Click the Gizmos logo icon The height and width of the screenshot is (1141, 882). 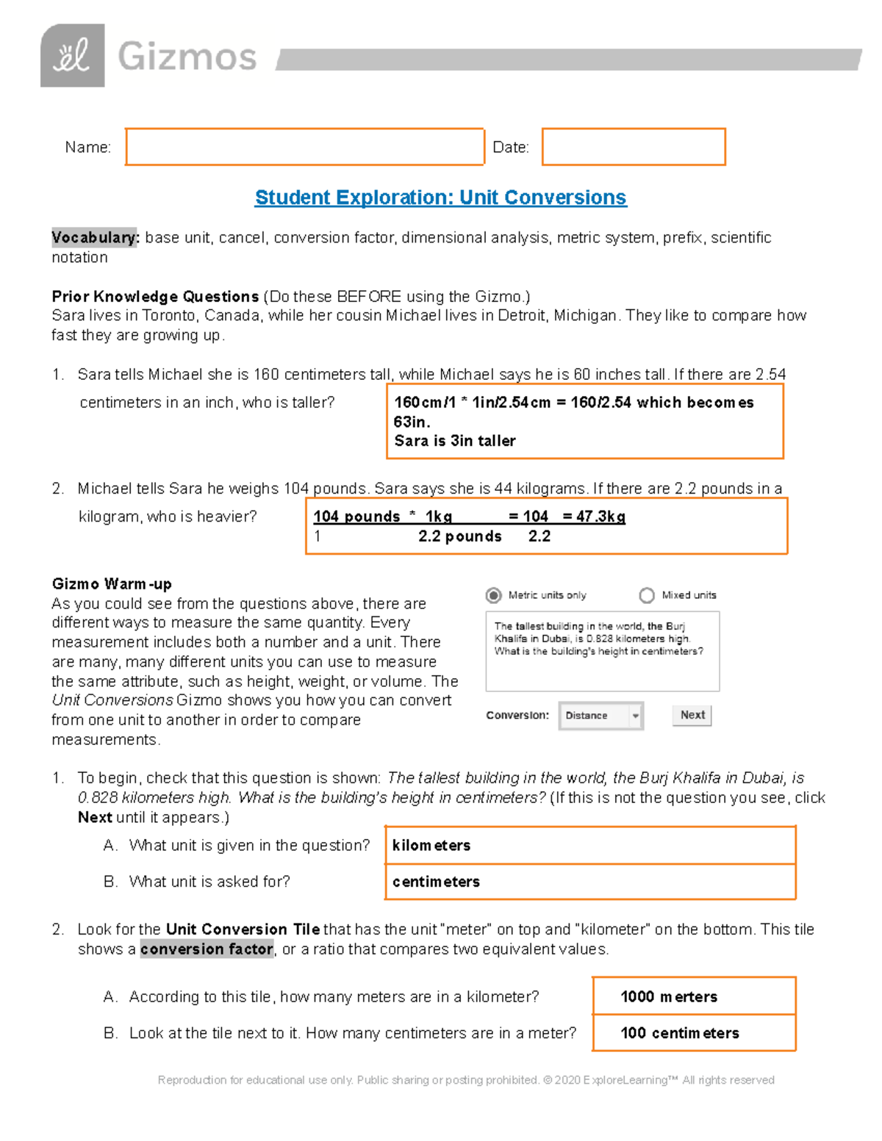click(72, 56)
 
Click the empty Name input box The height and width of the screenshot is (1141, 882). click(304, 147)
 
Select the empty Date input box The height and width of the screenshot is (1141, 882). click(633, 147)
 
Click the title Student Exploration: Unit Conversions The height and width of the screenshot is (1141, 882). click(440, 198)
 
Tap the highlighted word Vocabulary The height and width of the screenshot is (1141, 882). click(94, 237)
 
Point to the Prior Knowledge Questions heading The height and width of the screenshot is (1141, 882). click(155, 296)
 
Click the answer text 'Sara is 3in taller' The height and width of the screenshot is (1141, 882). click(454, 441)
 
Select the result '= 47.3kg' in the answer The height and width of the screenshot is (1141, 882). click(594, 516)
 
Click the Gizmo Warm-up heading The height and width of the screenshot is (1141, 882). click(112, 584)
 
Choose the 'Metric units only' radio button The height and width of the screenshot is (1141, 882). click(494, 595)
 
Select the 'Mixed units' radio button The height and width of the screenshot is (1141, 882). click(647, 595)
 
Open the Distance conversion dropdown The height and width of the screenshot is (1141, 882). click(600, 716)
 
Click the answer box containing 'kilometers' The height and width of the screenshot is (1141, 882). click(590, 846)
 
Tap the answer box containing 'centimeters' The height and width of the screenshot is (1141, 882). click(590, 882)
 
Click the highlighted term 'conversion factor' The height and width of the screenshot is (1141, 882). click(207, 949)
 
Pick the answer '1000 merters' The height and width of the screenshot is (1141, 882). click(693, 997)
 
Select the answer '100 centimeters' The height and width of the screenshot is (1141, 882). click(693, 1033)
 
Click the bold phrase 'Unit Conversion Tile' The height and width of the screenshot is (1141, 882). click(243, 929)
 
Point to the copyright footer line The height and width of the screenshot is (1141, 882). click(466, 1080)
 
